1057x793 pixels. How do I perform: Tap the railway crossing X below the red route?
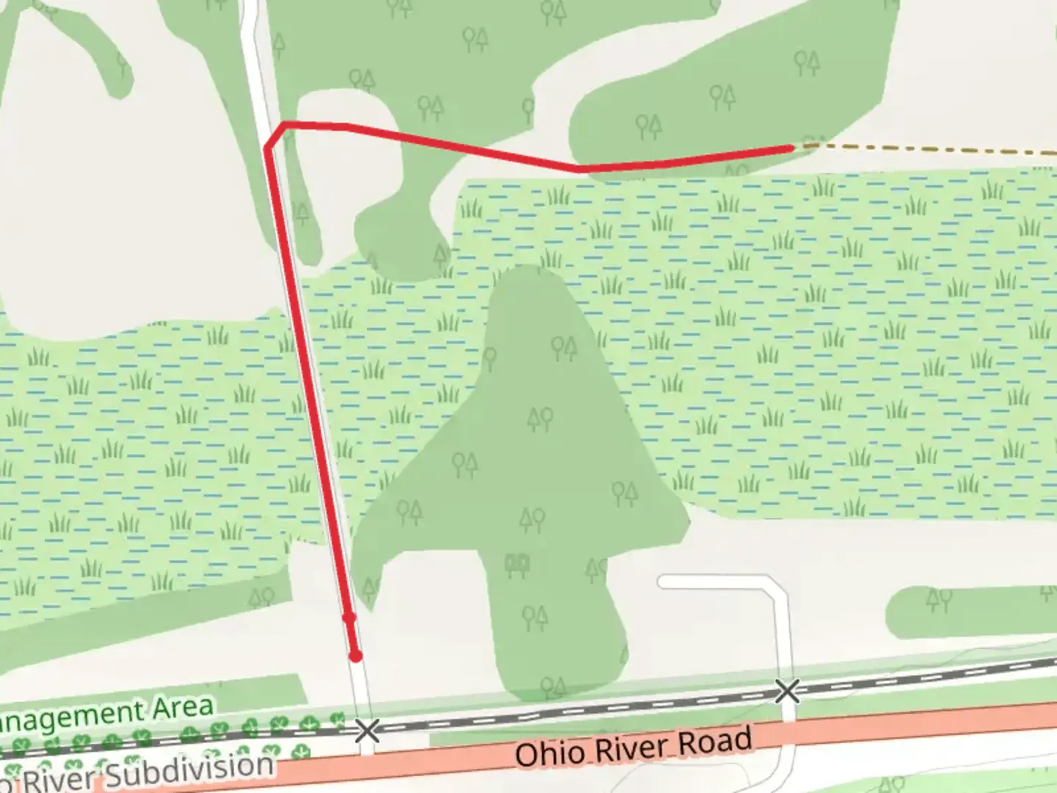367,731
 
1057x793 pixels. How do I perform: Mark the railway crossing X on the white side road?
787,691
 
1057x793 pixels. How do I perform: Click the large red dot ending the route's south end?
355,656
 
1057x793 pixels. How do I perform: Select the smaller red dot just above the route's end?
349,618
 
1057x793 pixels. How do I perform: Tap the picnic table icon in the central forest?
517,565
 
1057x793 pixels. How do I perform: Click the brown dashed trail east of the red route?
925,148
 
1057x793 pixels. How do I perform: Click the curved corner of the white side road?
777,587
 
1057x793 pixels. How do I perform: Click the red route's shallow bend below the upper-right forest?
580,169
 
